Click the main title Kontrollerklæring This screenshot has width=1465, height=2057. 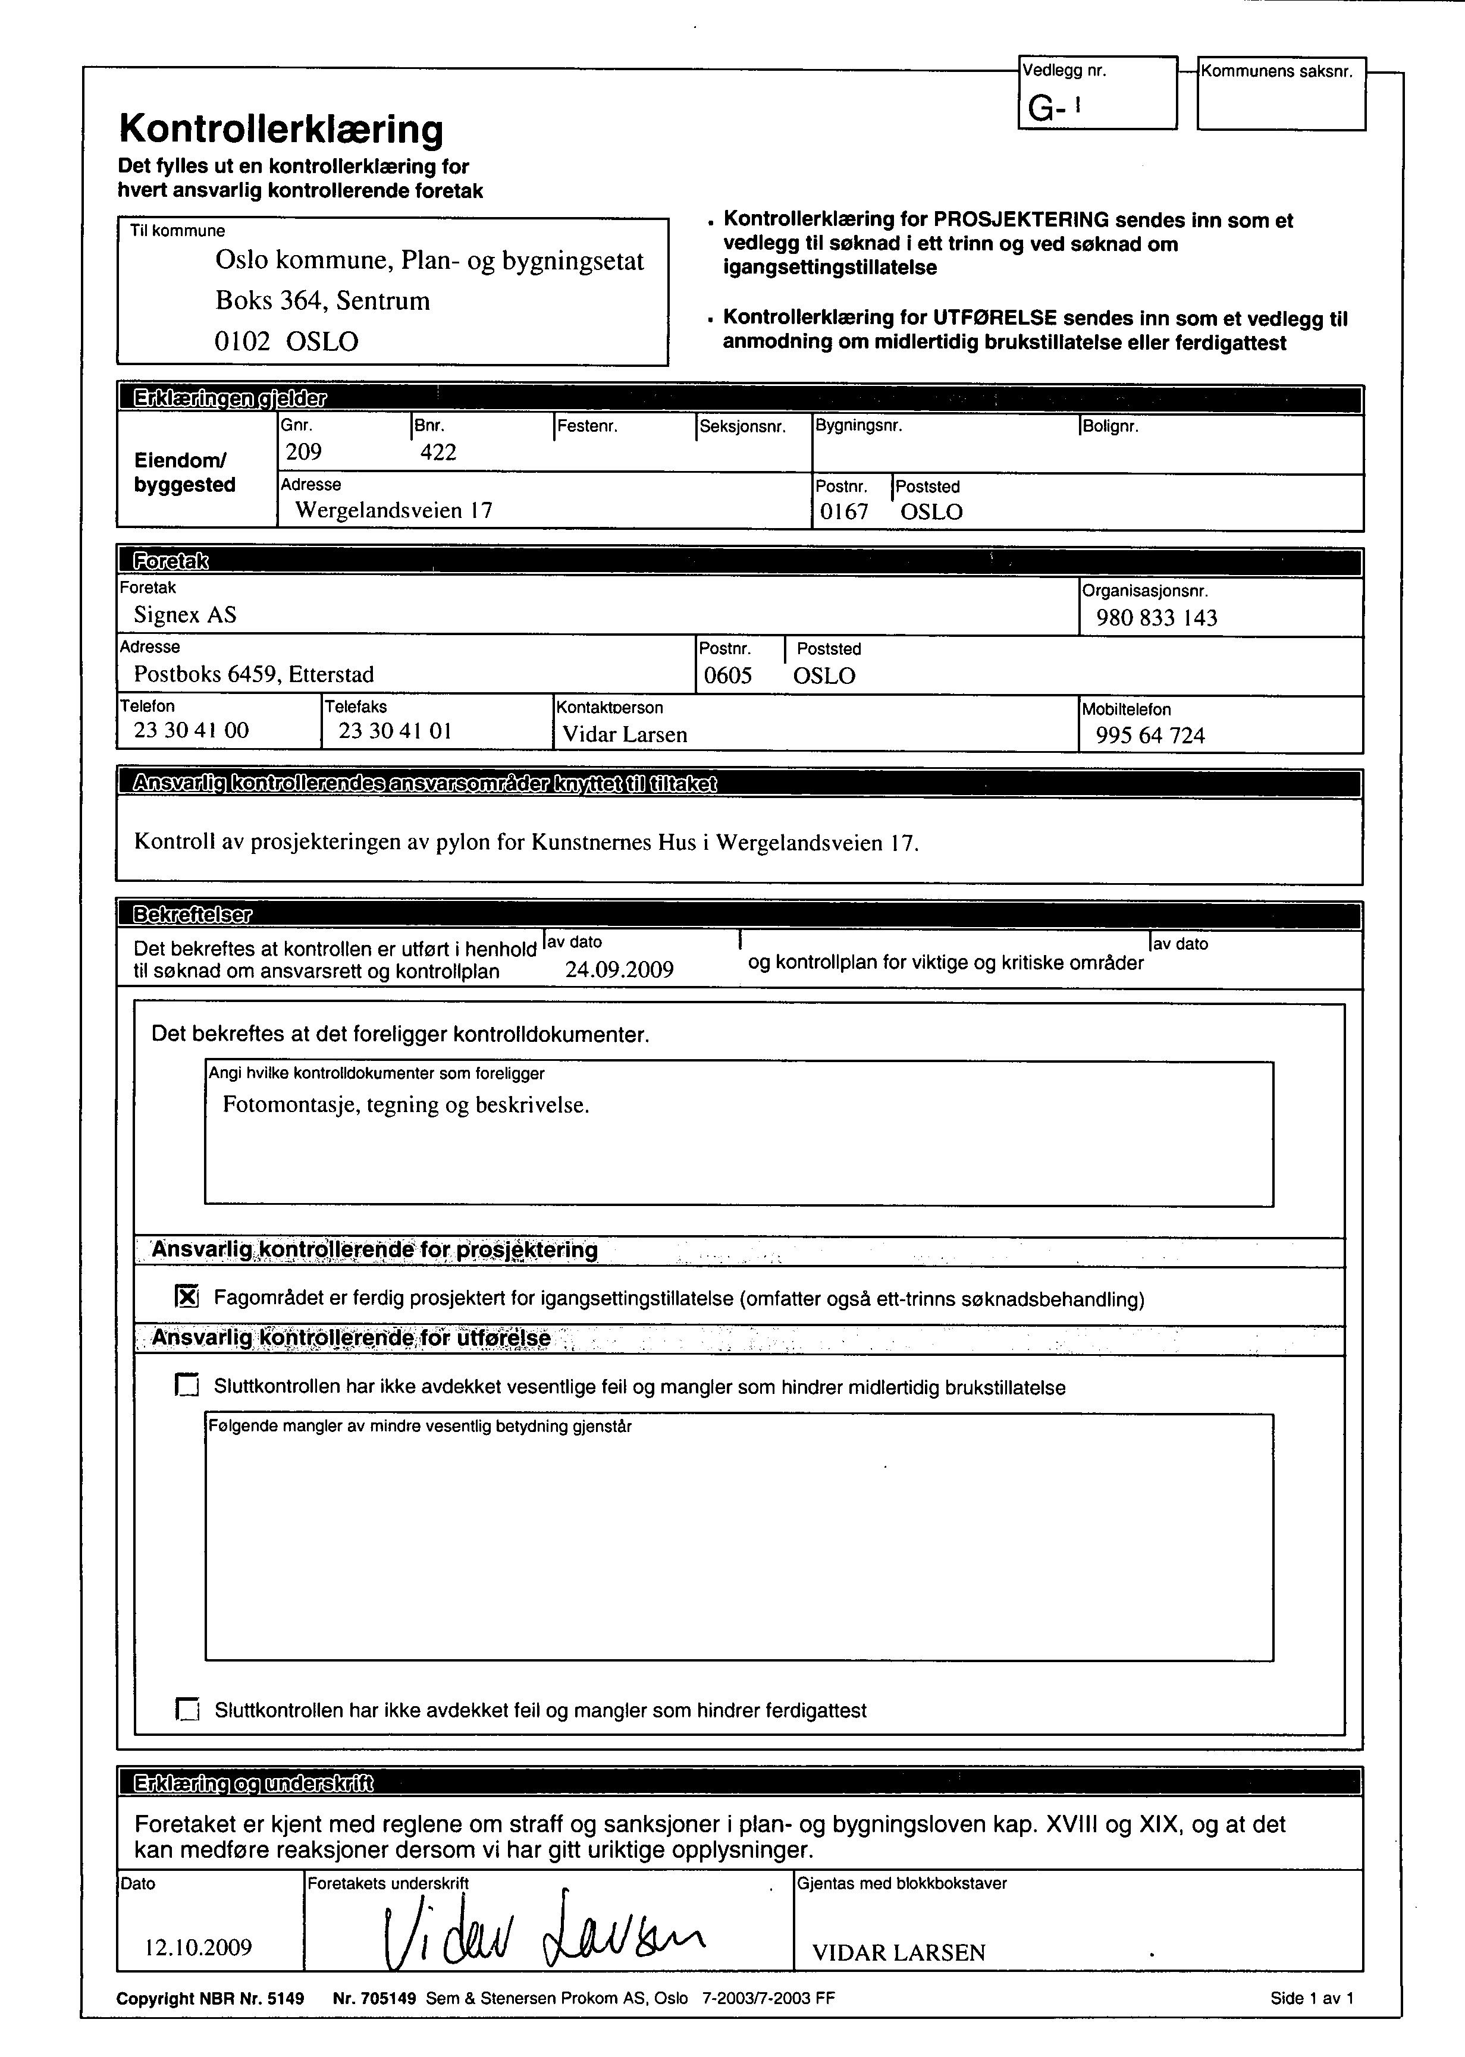click(x=281, y=130)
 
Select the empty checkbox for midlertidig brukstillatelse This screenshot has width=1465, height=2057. click(x=187, y=1385)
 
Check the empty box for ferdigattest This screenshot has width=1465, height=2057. click(x=187, y=1709)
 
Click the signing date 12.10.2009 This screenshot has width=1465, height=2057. click(x=199, y=1947)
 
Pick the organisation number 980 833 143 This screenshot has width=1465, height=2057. click(x=1156, y=618)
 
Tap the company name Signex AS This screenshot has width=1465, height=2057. click(x=185, y=615)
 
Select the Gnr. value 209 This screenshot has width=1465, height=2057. click(x=303, y=452)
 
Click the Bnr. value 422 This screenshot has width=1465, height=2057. click(x=438, y=453)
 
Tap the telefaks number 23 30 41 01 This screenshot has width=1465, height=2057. click(x=394, y=730)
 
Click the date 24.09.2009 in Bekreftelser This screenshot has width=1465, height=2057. click(x=619, y=969)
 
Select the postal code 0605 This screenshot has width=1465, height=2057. click(x=727, y=676)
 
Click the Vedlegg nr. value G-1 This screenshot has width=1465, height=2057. click(x=1053, y=109)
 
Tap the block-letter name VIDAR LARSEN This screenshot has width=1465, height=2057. click(x=899, y=1952)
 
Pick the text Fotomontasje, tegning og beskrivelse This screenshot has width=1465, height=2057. click(x=406, y=1105)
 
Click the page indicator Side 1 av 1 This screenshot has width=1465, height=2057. click(x=1312, y=1998)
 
